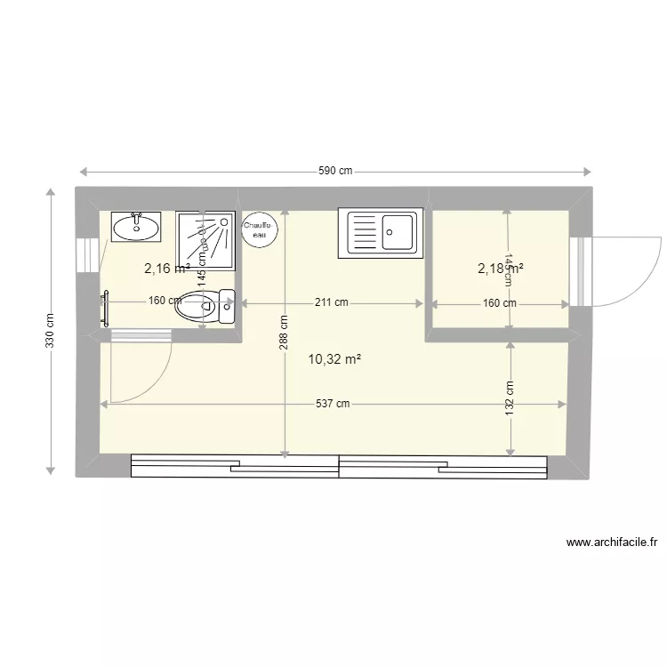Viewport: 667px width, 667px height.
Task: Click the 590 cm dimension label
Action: (335, 172)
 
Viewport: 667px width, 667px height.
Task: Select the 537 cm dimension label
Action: (333, 404)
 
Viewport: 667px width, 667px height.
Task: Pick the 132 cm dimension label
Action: (510, 398)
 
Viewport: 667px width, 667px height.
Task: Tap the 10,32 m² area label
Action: (333, 359)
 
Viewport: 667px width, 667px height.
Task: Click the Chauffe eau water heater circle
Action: (260, 231)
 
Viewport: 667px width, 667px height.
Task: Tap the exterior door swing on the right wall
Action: (627, 269)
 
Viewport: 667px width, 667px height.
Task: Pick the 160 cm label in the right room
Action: (499, 302)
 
